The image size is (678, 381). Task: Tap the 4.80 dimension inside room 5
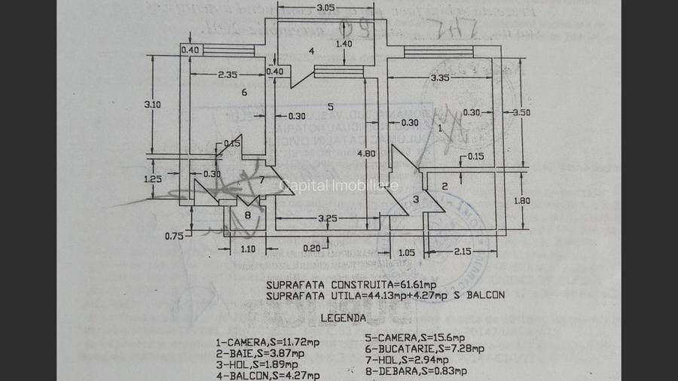coord(367,154)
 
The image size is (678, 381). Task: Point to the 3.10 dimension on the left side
coord(153,105)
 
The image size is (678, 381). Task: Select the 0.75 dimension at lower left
coord(173,236)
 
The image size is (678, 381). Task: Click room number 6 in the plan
coord(244,93)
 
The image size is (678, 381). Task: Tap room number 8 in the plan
coord(248,215)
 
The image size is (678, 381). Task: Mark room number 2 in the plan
coord(444,185)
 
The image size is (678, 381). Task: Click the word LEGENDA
coord(344,318)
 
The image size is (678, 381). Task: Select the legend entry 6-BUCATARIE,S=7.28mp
coord(424,349)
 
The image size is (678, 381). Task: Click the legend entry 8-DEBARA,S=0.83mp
coord(416,370)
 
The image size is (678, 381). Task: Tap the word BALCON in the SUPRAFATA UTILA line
coord(487,295)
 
